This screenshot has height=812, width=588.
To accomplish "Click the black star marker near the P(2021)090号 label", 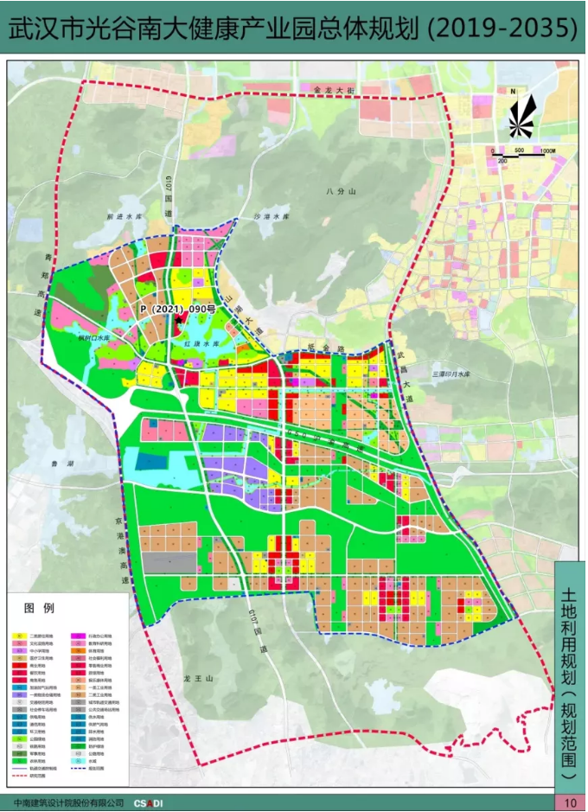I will tap(179, 320).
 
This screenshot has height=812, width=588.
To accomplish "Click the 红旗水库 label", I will tap(199, 343).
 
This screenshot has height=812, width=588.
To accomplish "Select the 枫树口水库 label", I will tap(95, 338).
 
